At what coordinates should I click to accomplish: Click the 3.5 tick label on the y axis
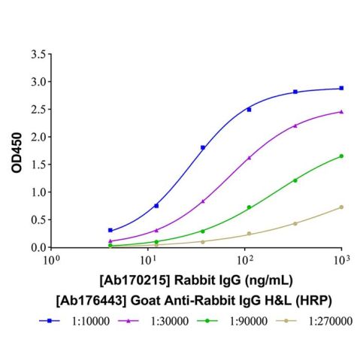point(36,54)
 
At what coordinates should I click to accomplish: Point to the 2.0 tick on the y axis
point(36,137)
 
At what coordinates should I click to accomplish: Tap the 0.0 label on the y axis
point(36,247)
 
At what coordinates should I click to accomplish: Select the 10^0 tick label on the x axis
point(51,260)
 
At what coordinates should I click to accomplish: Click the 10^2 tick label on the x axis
point(244,260)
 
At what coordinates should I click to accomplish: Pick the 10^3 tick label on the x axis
point(341,260)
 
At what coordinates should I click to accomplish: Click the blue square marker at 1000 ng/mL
point(341,88)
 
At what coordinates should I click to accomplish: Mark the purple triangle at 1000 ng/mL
point(341,111)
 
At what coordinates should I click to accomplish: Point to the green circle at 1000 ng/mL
point(341,156)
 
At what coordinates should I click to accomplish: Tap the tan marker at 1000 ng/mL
point(341,207)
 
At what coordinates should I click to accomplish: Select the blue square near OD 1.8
point(203,147)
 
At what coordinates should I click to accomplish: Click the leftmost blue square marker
point(110,230)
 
